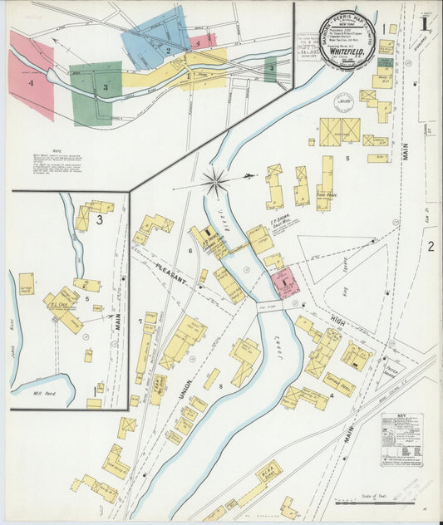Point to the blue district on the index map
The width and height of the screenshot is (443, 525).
[154, 37]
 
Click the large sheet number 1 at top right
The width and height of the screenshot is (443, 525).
[424, 23]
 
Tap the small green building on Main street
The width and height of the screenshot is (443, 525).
[386, 62]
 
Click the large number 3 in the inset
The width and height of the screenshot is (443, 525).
[99, 219]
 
